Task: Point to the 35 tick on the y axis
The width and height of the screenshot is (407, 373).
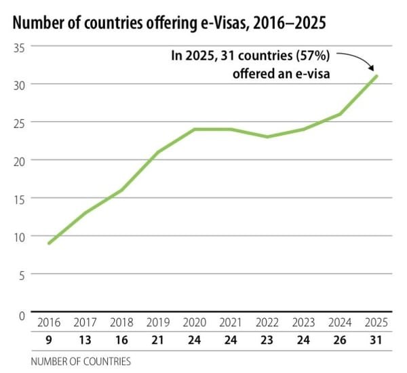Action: [x=19, y=47]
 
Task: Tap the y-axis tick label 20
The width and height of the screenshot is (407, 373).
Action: [x=19, y=161]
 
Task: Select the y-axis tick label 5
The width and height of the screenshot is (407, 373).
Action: [x=22, y=275]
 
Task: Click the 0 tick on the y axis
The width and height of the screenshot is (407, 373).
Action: [x=22, y=315]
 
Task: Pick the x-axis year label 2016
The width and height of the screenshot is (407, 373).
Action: [x=50, y=322]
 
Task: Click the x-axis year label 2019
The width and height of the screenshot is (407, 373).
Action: [x=159, y=322]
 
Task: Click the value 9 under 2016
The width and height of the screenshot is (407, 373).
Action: [x=50, y=339]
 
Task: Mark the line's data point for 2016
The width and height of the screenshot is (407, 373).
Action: [x=50, y=243]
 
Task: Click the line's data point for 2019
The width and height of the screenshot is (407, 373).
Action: [x=159, y=152]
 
